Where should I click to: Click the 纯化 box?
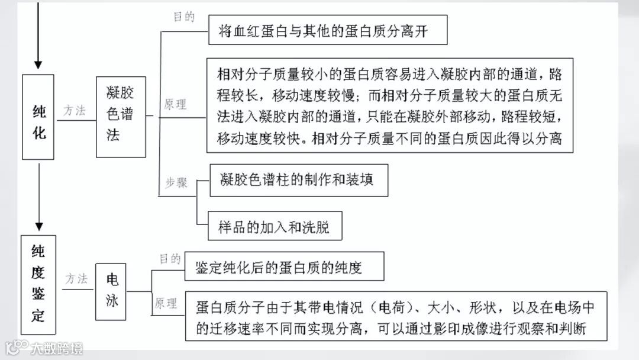(38, 117)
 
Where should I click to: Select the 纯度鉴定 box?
(38, 285)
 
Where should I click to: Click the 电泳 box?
(111, 291)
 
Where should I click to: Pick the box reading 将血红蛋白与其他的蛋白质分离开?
(327, 31)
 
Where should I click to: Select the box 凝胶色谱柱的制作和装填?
(299, 180)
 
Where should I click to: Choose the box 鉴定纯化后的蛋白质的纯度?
(284, 267)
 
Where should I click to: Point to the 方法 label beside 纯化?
(76, 110)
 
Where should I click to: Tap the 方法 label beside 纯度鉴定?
(76, 278)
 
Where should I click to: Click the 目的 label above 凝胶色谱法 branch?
(184, 17)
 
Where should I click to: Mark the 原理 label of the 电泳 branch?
(166, 304)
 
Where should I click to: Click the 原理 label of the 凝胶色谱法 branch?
(175, 105)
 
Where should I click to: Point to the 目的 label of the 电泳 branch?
(170, 259)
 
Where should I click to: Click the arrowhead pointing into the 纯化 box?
(38, 65)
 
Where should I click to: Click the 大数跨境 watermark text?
(57, 348)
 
